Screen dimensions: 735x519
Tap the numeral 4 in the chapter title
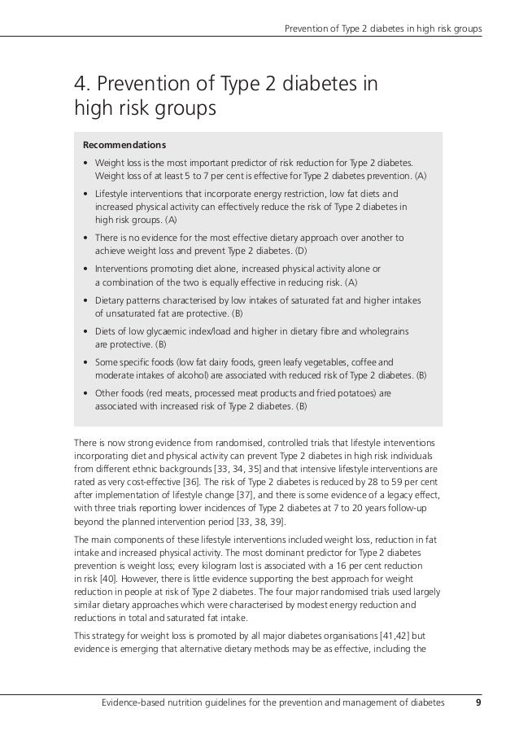pos(81,84)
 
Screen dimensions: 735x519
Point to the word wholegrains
pos(382,331)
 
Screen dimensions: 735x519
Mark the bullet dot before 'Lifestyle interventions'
pos(86,195)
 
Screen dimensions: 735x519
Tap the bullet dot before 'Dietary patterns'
pos(86,301)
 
